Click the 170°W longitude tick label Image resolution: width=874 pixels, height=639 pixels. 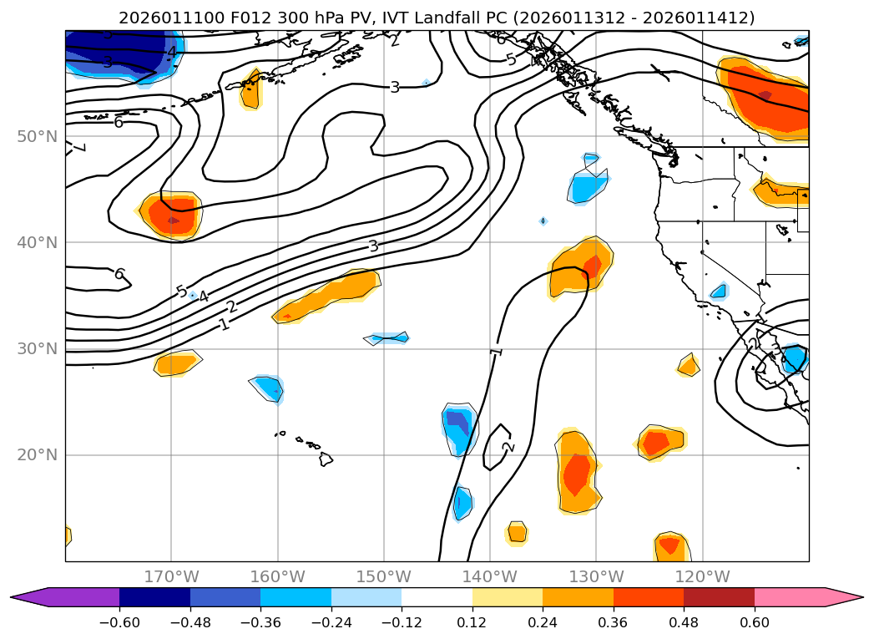[171, 576]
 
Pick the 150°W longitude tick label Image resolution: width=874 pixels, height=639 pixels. [383, 576]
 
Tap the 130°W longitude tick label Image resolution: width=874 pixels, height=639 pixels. [596, 576]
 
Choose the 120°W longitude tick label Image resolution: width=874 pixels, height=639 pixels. [702, 576]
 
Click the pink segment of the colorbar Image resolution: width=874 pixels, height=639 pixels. [790, 596]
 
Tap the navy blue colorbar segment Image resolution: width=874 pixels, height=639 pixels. [154, 596]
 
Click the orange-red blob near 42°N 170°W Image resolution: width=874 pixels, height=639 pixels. [173, 216]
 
